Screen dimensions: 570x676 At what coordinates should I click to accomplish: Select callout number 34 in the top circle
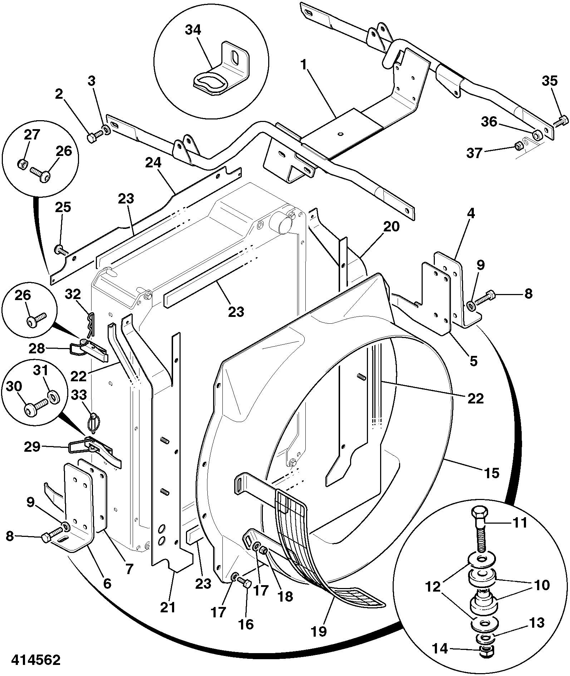(x=193, y=30)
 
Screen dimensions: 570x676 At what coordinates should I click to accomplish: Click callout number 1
(x=304, y=65)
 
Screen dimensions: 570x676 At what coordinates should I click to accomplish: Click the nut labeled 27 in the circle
(x=22, y=164)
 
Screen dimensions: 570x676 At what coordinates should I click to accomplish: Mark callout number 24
(x=153, y=163)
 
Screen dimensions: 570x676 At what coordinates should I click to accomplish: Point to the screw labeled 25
(x=62, y=249)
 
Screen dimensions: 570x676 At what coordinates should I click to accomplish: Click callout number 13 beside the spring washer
(x=536, y=623)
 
